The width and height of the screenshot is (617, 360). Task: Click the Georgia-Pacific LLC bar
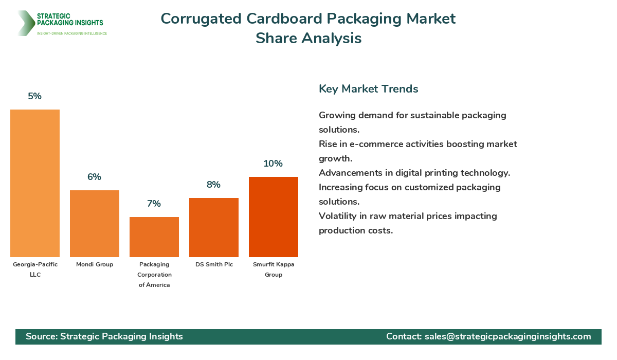pyautogui.click(x=35, y=183)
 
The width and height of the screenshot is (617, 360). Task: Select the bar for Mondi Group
pyautogui.click(x=95, y=224)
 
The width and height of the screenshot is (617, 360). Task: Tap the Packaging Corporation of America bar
pyautogui.click(x=154, y=237)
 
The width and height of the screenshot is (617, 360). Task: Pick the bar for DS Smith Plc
pyautogui.click(x=214, y=227)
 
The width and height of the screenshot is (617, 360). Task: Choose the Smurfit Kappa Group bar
pyautogui.click(x=274, y=217)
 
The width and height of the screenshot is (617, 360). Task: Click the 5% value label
pyautogui.click(x=35, y=96)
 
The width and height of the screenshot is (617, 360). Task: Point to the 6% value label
pyautogui.click(x=95, y=177)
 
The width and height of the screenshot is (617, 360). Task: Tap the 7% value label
pyautogui.click(x=154, y=204)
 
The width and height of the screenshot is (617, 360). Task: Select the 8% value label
pyautogui.click(x=214, y=185)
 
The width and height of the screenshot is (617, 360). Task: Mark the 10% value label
pyautogui.click(x=274, y=164)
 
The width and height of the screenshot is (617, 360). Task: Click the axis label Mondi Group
pyautogui.click(x=95, y=264)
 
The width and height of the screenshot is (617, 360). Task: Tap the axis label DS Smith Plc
pyautogui.click(x=214, y=264)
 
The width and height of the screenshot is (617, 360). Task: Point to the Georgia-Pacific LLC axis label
pyautogui.click(x=35, y=269)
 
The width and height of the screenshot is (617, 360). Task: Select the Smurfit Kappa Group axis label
pyautogui.click(x=274, y=269)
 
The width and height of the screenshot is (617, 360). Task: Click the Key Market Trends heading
pyautogui.click(x=368, y=88)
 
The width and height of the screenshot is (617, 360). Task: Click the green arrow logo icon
pyautogui.click(x=25, y=23)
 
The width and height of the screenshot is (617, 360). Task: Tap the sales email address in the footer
pyautogui.click(x=507, y=336)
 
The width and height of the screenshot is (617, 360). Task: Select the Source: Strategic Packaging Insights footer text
pyautogui.click(x=104, y=336)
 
